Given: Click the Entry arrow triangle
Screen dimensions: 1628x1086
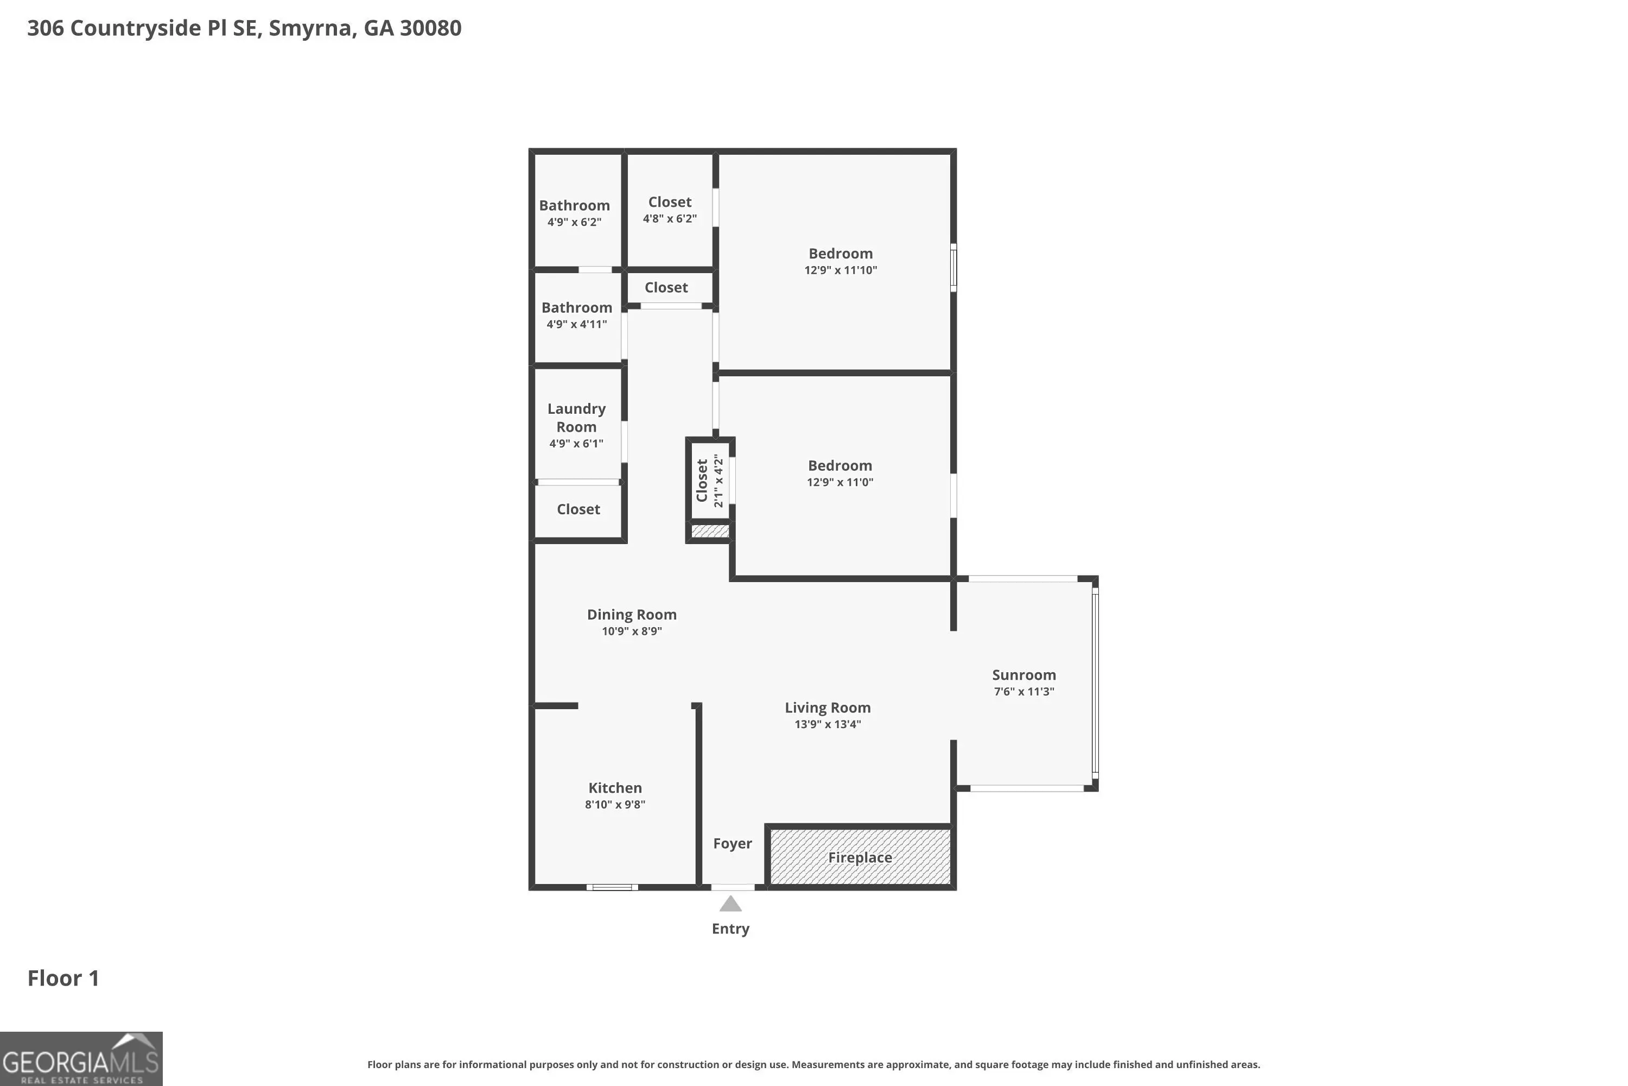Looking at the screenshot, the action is point(730,904).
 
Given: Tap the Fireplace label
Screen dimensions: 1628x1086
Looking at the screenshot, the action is point(860,857).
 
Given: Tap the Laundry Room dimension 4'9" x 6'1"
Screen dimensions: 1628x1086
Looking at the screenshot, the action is point(576,443).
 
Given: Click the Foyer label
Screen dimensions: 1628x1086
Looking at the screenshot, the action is point(732,844).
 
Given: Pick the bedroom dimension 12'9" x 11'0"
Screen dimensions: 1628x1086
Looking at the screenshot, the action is point(840,482).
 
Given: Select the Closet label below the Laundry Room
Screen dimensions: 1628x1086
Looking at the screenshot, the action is point(578,509).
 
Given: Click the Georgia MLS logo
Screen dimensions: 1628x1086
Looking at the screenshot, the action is point(81,1059).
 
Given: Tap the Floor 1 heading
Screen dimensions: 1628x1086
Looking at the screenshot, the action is point(63,978).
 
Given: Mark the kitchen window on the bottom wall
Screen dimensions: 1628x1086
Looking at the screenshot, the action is point(612,887).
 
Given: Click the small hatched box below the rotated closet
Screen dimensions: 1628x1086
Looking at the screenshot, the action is point(710,531).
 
